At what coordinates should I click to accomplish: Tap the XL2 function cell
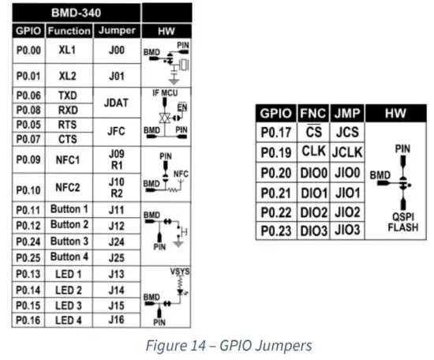pyautogui.click(x=69, y=75)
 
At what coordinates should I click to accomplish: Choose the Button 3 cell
pyautogui.click(x=69, y=241)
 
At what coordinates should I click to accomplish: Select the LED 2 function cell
pyautogui.click(x=69, y=289)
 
